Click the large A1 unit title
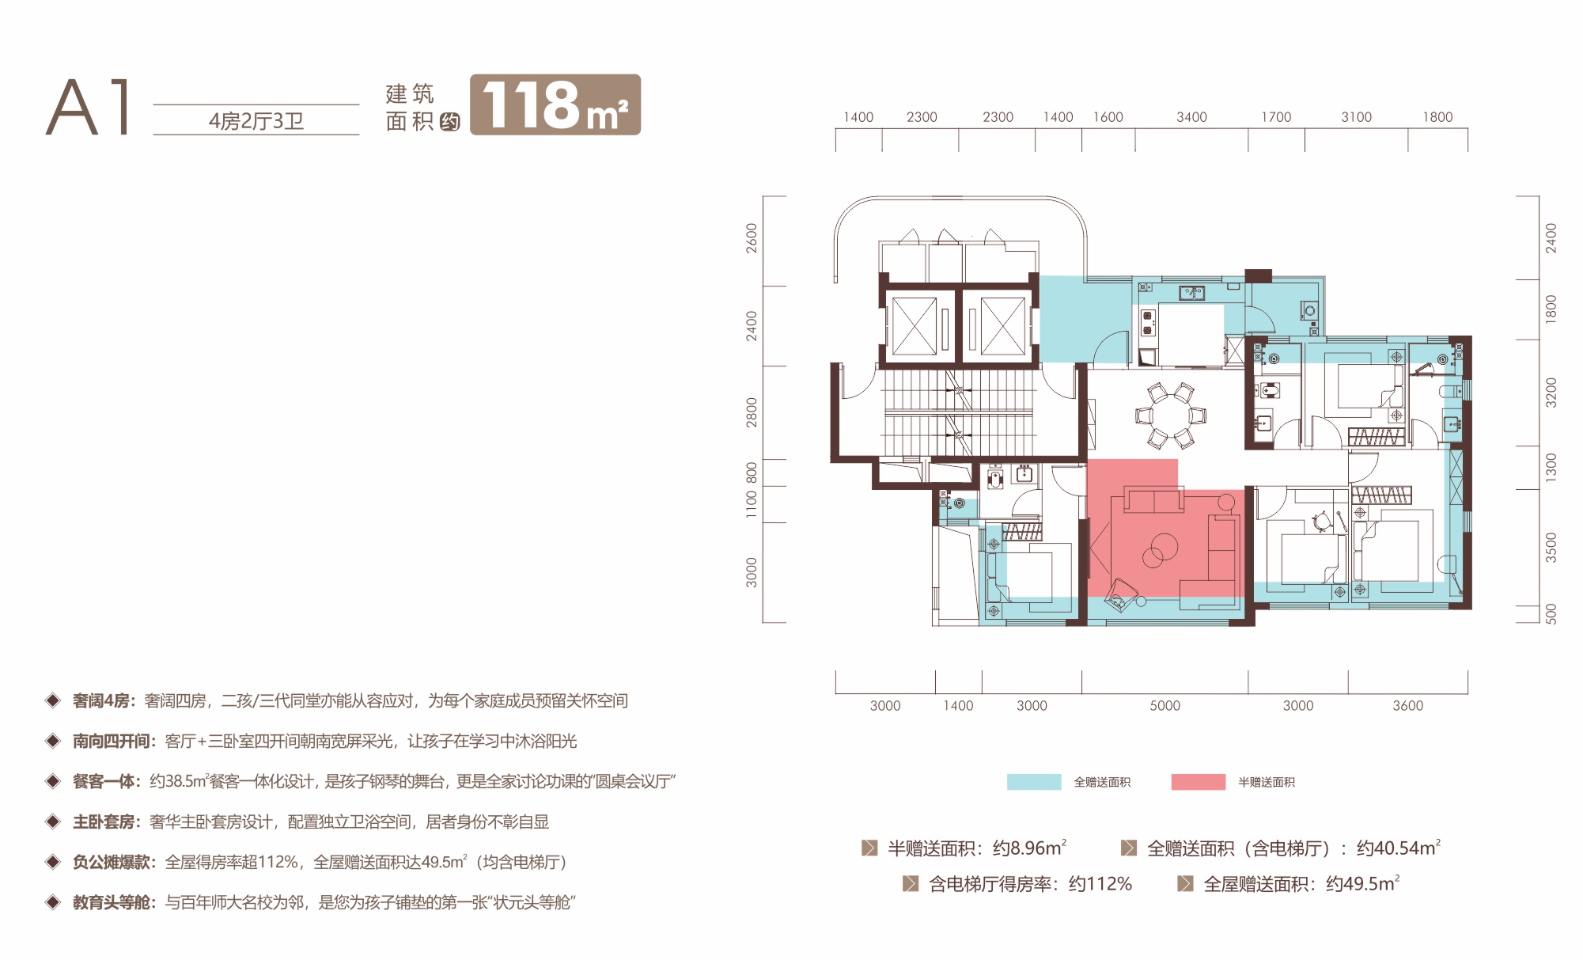(88, 107)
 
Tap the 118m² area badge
(555, 104)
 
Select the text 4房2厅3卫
(256, 121)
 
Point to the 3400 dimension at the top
(1191, 117)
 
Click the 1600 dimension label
(1108, 117)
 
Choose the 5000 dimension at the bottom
(1165, 705)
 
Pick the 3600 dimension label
(1407, 705)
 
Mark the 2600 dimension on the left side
(752, 238)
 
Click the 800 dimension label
(752, 472)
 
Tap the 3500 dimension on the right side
(1551, 547)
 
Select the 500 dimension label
(1551, 614)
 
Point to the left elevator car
(915, 326)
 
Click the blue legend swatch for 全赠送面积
(1033, 782)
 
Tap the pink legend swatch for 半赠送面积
(1198, 782)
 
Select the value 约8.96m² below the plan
(1029, 848)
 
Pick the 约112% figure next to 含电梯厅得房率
(1100, 883)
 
